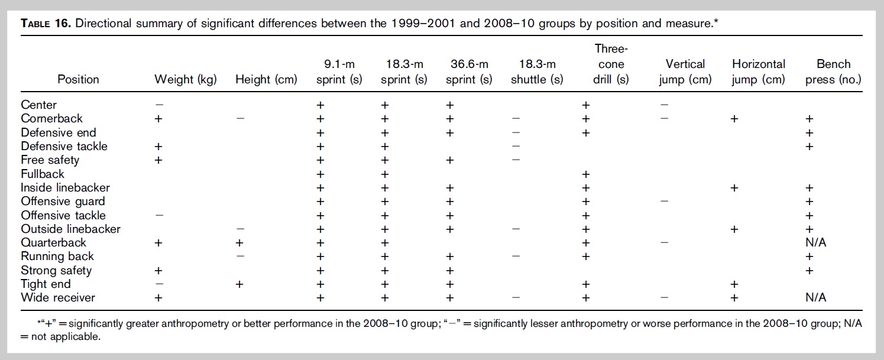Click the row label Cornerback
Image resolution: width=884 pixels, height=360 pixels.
52,118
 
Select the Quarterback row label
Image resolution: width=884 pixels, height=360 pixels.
54,243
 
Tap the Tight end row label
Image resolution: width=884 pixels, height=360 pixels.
46,284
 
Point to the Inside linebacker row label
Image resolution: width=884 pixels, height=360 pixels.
66,187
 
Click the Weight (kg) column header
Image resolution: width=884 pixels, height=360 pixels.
186,80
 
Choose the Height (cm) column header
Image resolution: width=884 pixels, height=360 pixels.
266,80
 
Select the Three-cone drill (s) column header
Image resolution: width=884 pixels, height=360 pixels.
611,64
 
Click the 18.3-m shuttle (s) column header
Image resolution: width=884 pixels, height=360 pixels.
537,72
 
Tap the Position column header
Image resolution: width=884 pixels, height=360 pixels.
78,80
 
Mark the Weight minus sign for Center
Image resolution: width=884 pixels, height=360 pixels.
158,105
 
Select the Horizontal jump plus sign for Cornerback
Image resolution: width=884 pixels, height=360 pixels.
734,118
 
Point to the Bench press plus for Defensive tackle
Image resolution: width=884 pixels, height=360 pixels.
809,146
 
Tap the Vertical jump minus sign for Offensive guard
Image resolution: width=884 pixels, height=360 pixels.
665,202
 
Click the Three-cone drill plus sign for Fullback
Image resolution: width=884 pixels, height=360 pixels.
586,174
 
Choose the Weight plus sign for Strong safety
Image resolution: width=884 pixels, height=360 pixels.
158,271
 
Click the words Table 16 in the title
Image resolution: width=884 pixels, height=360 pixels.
46,24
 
